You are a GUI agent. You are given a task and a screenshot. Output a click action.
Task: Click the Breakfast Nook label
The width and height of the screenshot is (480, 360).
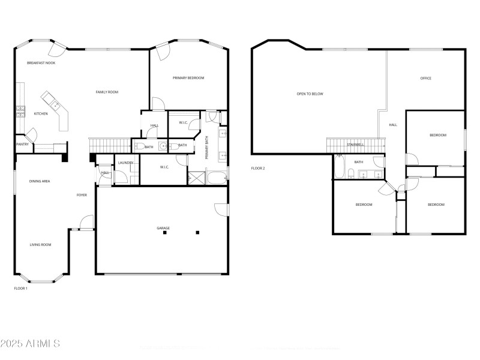click(41, 62)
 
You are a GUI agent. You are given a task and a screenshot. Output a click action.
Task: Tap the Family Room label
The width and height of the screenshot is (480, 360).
click(107, 92)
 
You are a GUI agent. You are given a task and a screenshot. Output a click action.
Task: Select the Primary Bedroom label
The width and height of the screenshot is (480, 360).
click(188, 78)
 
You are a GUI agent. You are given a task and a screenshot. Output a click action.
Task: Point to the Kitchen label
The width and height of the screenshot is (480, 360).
click(41, 113)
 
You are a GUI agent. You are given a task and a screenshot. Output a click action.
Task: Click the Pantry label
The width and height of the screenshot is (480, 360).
click(22, 144)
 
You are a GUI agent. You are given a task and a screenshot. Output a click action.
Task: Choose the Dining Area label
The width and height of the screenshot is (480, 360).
click(40, 181)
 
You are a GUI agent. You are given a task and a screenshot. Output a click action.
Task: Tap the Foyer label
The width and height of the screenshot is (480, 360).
click(82, 195)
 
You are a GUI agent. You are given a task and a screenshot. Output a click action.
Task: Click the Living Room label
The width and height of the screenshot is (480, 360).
click(41, 244)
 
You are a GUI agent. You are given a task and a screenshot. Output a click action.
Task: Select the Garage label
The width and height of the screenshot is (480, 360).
click(163, 228)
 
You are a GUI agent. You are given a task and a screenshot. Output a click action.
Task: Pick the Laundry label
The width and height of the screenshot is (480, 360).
click(125, 163)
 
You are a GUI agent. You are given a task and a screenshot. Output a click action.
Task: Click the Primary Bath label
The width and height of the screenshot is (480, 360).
click(206, 147)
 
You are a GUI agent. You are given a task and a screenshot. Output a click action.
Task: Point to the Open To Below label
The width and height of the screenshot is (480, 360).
click(310, 94)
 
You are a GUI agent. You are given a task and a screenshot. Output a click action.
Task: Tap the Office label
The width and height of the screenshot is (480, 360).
click(426, 78)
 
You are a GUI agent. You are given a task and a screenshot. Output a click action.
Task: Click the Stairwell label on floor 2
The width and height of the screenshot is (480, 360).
click(355, 145)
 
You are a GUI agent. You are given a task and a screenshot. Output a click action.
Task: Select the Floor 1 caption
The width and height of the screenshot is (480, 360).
click(21, 288)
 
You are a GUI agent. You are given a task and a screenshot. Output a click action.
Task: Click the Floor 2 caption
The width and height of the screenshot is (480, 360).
click(258, 168)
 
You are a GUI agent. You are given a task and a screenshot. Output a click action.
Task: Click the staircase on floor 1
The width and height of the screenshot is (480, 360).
click(110, 145)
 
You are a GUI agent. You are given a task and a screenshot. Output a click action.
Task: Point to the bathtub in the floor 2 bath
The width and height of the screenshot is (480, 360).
click(339, 167)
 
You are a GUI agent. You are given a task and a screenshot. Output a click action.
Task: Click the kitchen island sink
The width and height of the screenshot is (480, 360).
click(56, 106)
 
